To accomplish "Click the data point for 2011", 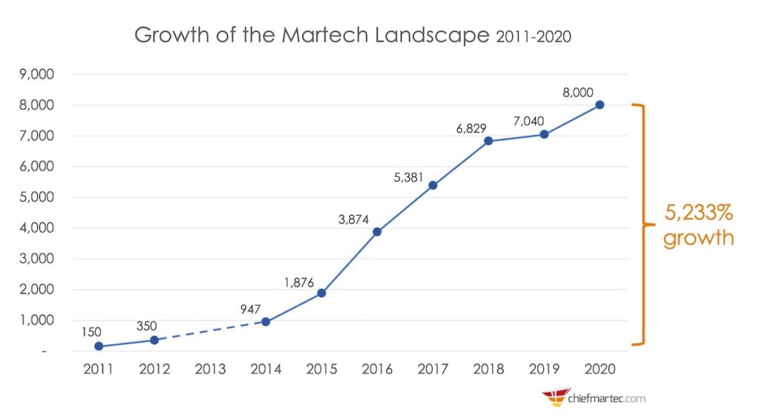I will (99, 346).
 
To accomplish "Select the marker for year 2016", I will (377, 232).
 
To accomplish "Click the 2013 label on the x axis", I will (211, 368).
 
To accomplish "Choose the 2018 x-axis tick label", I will (488, 368).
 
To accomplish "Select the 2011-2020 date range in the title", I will (532, 36).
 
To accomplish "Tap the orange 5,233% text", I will (697, 213).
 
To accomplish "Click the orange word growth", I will (697, 238).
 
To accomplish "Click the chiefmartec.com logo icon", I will (554, 398).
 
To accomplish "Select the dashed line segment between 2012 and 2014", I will (211, 331).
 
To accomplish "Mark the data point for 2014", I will (266, 321).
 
